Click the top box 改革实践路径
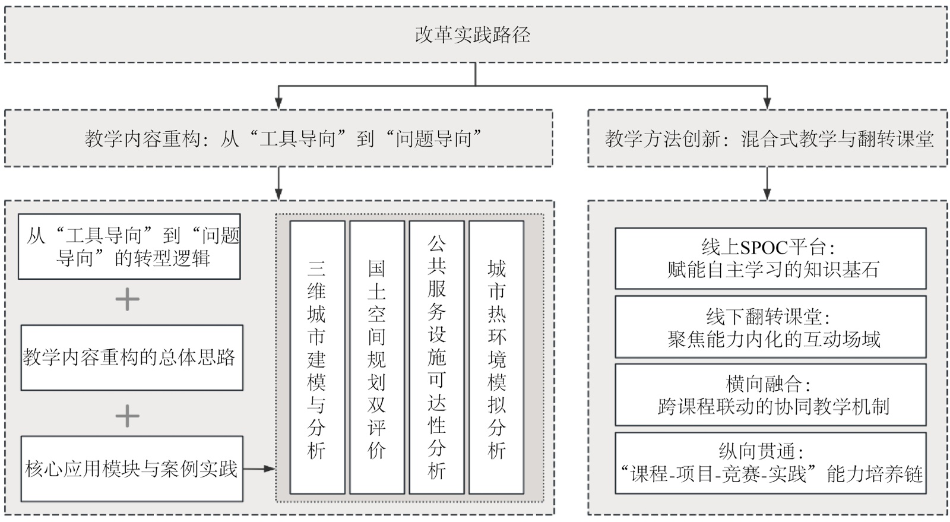[x=475, y=34]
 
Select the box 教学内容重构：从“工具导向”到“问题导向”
[x=278, y=138]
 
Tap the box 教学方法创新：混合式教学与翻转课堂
[x=767, y=138]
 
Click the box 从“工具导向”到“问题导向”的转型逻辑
[x=129, y=247]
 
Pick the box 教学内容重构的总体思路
[x=132, y=358]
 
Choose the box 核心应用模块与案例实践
[x=132, y=469]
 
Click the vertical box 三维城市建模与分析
[x=317, y=358]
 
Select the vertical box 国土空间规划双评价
[x=377, y=358]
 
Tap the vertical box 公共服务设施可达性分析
[x=437, y=358]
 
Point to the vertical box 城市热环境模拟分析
[x=496, y=358]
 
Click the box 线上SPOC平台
[x=770, y=258]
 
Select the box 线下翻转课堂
[x=770, y=327]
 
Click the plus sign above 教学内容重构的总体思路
[x=128, y=300]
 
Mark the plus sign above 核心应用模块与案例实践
[x=128, y=416]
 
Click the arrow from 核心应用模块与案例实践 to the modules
[x=259, y=469]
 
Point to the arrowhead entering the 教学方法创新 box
[x=767, y=105]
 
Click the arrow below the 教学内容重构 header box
[x=278, y=184]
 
